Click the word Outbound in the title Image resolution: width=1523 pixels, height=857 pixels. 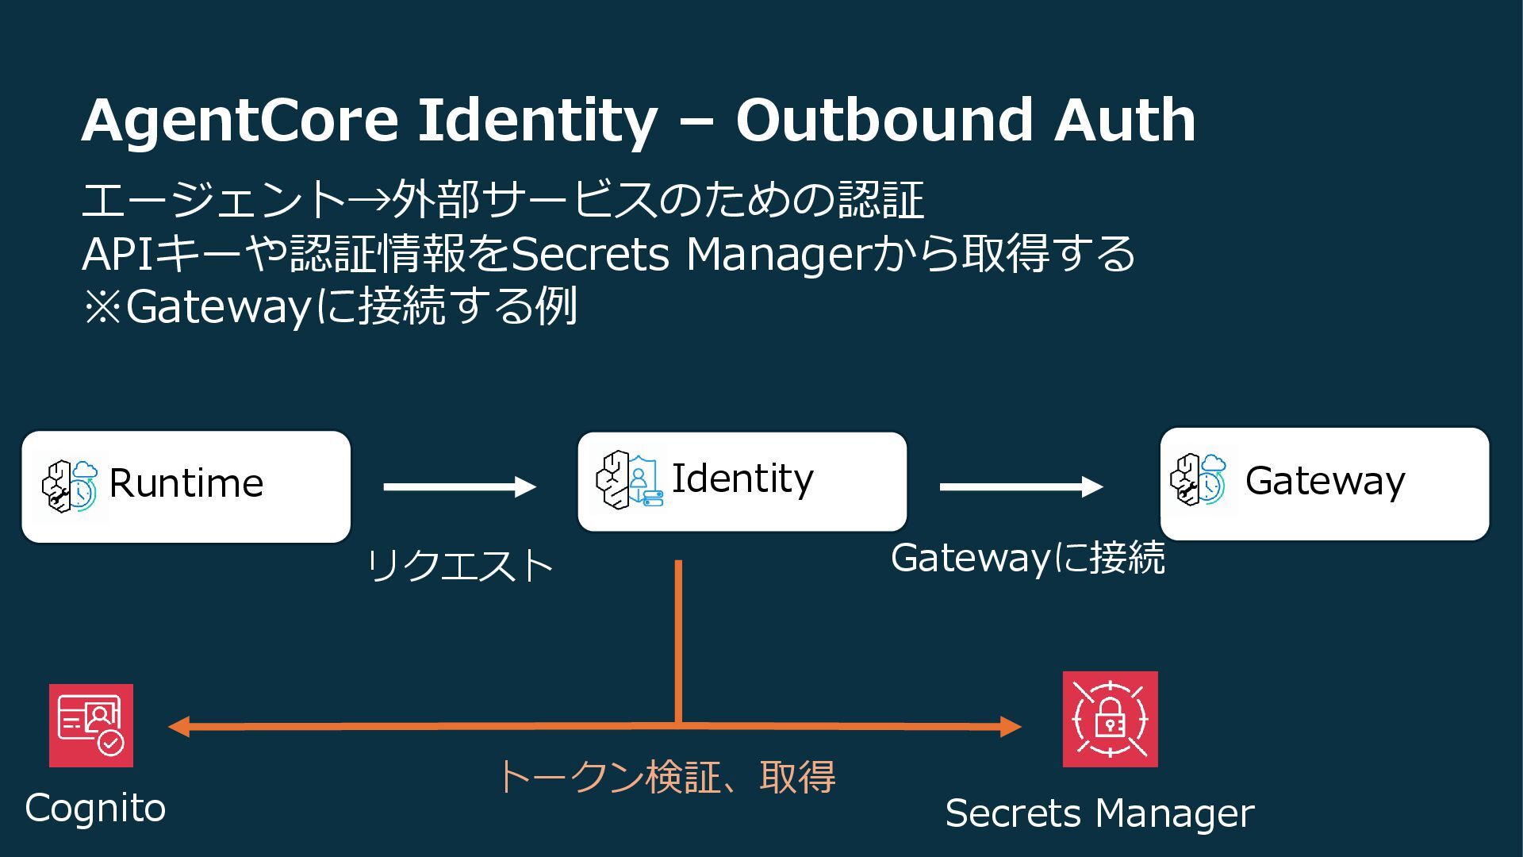coord(885,121)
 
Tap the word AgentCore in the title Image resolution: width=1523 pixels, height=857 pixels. coord(240,121)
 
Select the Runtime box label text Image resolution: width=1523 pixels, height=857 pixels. coord(186,483)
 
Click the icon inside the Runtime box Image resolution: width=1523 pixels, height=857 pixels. coord(71,486)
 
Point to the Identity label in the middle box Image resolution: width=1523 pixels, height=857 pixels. coord(742,478)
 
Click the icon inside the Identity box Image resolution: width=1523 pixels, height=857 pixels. coord(629,480)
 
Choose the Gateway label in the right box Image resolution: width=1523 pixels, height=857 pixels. coord(1325,481)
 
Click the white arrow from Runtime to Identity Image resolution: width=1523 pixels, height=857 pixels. coord(459,486)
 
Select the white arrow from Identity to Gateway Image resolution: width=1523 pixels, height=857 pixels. coord(1021,486)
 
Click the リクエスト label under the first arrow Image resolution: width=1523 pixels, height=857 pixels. coord(460,566)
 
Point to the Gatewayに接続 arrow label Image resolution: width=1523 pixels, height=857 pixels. coord(1028,558)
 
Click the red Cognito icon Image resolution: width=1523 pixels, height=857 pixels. coord(91,725)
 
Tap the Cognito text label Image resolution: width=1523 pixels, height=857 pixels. coord(95,809)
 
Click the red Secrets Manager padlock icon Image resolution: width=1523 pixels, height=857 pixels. coord(1110,719)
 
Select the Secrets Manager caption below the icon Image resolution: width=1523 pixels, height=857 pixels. coord(1099,814)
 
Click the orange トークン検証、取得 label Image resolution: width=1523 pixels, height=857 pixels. coord(666,777)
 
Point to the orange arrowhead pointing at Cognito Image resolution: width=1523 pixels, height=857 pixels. coord(178,726)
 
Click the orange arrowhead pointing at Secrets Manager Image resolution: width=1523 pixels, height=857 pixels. coord(1011,726)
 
